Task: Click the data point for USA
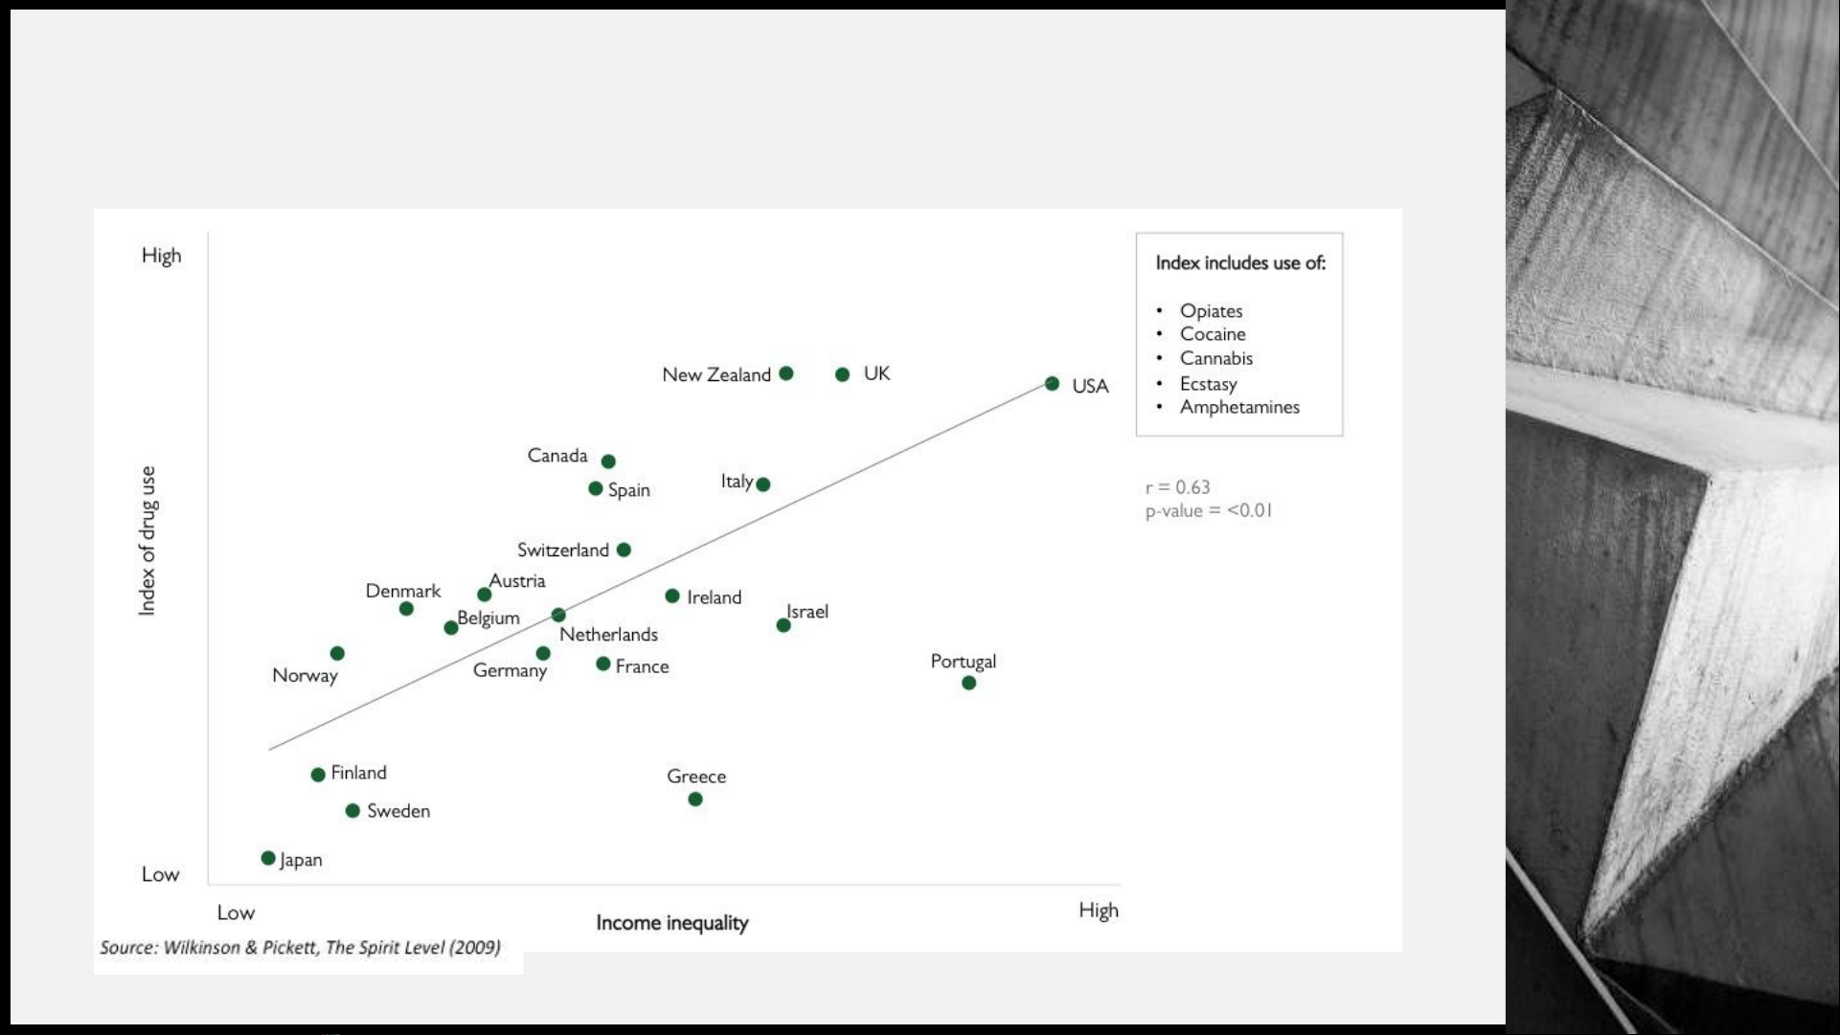tap(1052, 384)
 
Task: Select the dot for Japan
tap(268, 858)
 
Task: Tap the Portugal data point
tap(968, 683)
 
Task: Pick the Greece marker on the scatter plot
tap(695, 799)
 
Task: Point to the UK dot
tap(842, 374)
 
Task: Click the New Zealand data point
tap(785, 373)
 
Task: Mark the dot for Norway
tap(337, 654)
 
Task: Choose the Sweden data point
tap(352, 811)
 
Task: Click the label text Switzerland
tap(562, 551)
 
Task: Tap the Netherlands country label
tap(608, 635)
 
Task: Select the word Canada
tap(557, 456)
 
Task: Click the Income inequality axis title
tap(671, 923)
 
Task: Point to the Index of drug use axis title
tap(147, 541)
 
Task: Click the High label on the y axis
tap(161, 256)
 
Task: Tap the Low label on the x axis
tap(236, 912)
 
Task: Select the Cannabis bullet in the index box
tap(1215, 359)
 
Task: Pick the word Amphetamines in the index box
tap(1239, 407)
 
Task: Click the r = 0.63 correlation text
tap(1177, 487)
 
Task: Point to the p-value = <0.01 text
tap(1209, 511)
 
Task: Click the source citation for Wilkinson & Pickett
tap(300, 948)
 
